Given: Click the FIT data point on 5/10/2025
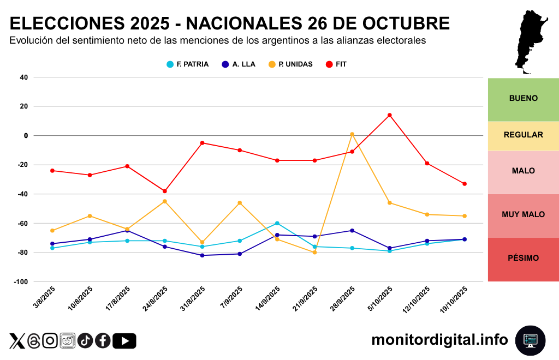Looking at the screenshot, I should click(390, 115).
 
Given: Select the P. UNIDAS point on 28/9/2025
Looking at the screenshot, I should click(352, 134).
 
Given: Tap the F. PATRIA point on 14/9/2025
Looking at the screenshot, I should click(277, 223).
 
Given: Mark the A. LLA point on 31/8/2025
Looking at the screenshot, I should click(202, 255).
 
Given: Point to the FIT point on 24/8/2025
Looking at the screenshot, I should click(165, 191).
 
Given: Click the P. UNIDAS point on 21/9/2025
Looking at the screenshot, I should click(315, 253).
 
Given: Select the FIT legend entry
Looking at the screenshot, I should click(336, 64).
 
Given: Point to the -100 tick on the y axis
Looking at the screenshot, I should click(21, 282).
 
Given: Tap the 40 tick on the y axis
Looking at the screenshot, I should click(23, 77).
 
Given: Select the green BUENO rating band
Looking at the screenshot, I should click(523, 99).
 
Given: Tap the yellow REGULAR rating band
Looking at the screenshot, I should click(523, 135).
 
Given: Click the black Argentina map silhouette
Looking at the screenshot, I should click(530, 41).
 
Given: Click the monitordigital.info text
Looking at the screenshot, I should click(439, 340).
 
